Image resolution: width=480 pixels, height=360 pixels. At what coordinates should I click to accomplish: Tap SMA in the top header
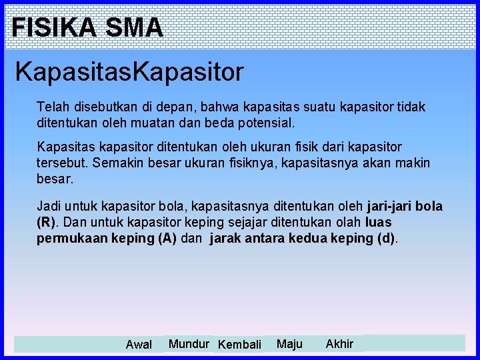coord(134,27)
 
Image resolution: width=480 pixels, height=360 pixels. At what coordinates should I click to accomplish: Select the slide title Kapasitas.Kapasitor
coord(129,71)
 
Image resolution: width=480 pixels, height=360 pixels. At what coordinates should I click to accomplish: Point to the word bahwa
coord(203,107)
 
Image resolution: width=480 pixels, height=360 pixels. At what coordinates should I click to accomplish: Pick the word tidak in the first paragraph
coord(412,107)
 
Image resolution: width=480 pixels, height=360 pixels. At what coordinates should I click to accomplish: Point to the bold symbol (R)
coord(47,223)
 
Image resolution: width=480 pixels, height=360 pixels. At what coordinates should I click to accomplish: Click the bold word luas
coord(379,223)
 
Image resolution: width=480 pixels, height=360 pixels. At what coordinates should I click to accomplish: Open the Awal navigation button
coord(139,345)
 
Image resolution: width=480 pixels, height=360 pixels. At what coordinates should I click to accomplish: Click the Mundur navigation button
coord(189,344)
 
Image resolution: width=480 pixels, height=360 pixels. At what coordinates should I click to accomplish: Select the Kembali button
coord(240,345)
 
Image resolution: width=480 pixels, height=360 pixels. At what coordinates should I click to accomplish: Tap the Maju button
coord(289,344)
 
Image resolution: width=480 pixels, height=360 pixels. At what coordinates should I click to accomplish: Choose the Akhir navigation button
coord(339,344)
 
